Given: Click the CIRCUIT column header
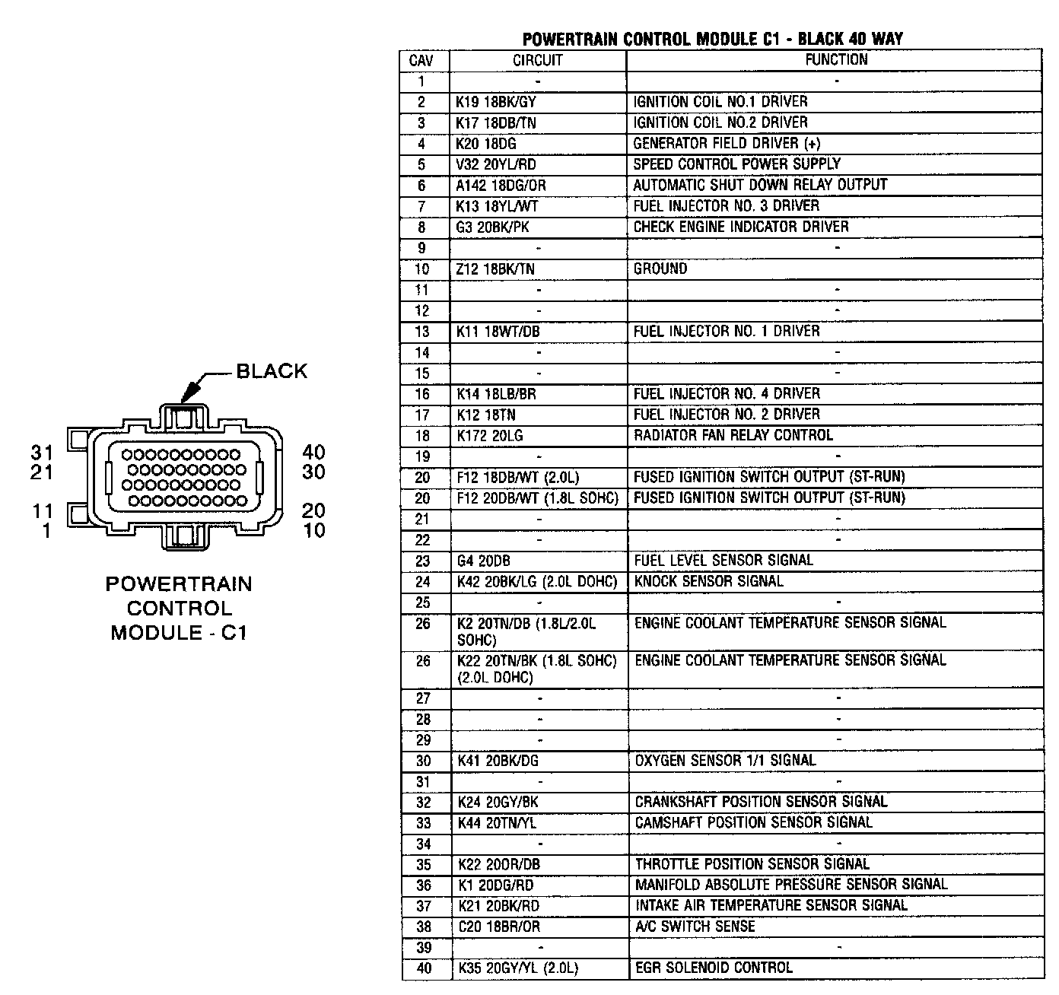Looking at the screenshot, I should [538, 60].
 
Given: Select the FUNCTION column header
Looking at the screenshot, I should [836, 59].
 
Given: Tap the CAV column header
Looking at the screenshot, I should [421, 60].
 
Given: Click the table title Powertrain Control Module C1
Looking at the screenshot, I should [713, 39].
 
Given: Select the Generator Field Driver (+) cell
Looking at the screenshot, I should [727, 143].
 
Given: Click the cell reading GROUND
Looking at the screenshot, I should [660, 269].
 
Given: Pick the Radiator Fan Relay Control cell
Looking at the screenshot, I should [733, 435].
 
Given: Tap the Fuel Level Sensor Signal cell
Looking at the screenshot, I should [723, 561].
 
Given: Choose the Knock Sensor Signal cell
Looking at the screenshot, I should [708, 581].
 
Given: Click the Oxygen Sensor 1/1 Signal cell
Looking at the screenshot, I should [726, 761].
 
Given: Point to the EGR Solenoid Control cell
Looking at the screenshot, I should [714, 968].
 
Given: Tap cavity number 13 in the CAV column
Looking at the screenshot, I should [422, 332].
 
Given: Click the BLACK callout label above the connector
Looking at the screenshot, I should [272, 371].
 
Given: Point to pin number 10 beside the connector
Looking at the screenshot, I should [313, 530].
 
